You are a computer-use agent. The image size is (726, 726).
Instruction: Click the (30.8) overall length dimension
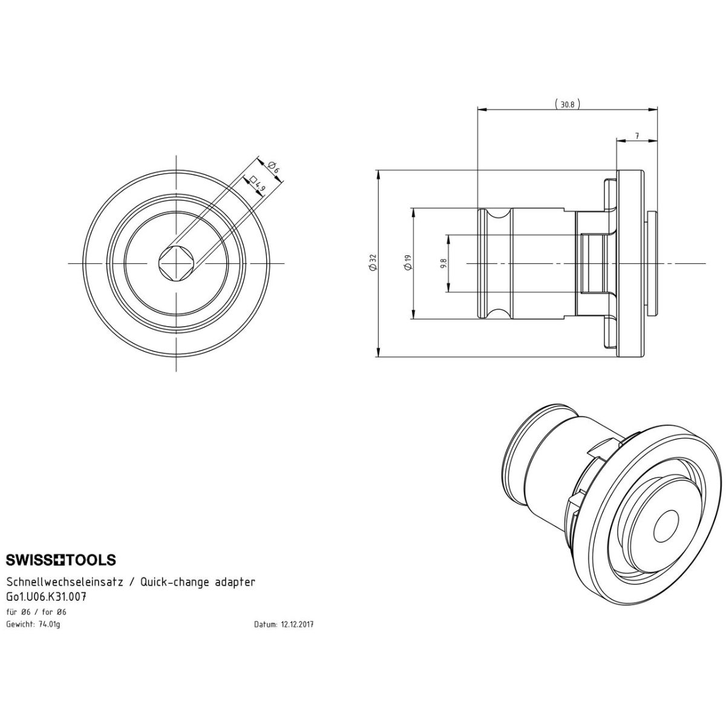(x=567, y=104)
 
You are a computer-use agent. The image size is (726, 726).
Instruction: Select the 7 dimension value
(x=636, y=136)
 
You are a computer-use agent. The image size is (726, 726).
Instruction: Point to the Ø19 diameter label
(x=408, y=263)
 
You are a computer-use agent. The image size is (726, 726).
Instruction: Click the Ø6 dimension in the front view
(x=274, y=167)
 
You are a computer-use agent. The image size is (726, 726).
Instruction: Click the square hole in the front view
(x=176, y=263)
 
